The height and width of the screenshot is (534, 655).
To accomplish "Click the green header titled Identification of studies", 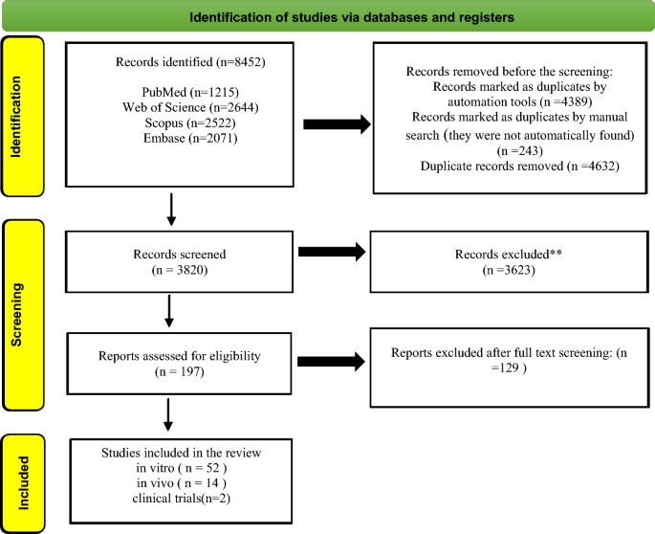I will point(326,16).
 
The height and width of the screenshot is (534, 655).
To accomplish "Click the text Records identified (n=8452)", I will point(190,62).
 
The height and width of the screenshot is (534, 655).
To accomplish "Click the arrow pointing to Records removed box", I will point(336,123).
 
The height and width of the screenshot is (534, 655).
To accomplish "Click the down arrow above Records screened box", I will point(171,210).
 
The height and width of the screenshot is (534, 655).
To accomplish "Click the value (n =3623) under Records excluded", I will point(503,271).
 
